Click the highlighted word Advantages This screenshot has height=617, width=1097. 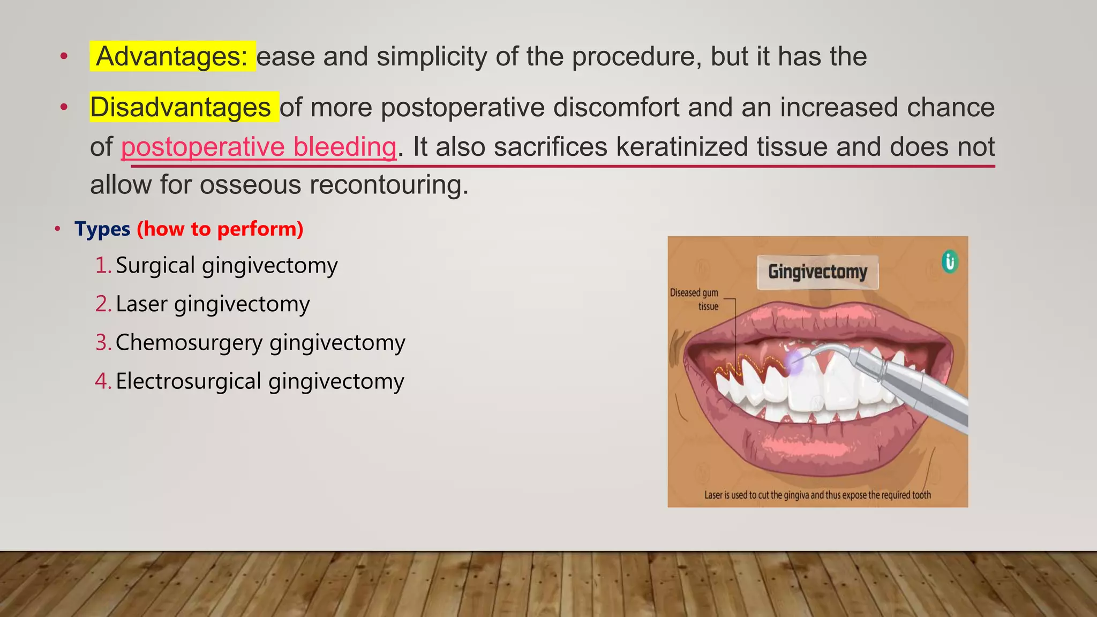coord(171,56)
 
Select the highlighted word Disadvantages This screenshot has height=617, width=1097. coord(181,107)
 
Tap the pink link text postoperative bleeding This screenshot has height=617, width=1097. coord(259,147)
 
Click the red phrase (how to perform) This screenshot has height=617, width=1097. coord(220,229)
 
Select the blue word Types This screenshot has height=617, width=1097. coord(102,229)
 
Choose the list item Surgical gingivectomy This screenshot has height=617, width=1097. coord(227,266)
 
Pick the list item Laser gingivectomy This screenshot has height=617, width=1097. coord(213,304)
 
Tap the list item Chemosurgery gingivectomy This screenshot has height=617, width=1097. coord(260,343)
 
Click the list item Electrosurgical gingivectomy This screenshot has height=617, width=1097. coord(260,381)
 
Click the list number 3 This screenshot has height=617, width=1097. coord(102,343)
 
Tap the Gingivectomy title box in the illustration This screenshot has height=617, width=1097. coord(817,272)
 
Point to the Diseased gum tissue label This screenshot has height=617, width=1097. coord(694,299)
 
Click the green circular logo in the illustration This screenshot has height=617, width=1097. coord(950,262)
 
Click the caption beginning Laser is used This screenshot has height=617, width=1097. coord(817,495)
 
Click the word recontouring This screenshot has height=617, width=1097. coord(389,185)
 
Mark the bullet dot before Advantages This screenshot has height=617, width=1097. coord(64,56)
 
